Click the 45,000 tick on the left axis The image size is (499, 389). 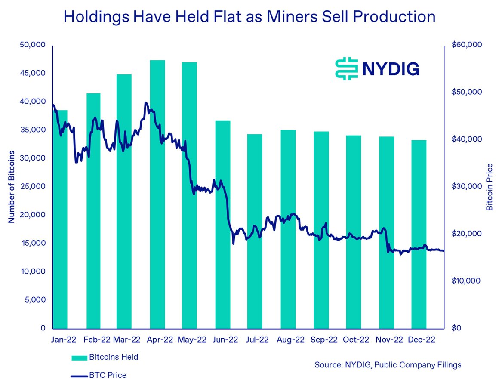pyautogui.click(x=33, y=73)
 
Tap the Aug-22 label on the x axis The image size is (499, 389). pyautogui.click(x=291, y=340)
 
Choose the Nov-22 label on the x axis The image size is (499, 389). pyautogui.click(x=389, y=340)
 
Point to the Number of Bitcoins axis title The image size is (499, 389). pyautogui.click(x=12, y=187)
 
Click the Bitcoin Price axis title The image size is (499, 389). pyautogui.click(x=489, y=187)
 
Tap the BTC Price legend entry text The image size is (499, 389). pyautogui.click(x=108, y=375)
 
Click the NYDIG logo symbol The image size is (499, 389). pyautogui.click(x=346, y=68)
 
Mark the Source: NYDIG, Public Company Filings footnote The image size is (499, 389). pyautogui.click(x=388, y=365)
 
